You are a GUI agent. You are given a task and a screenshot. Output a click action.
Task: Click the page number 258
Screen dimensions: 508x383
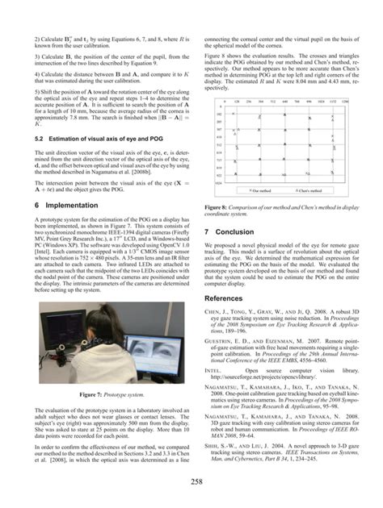(x=191, y=481)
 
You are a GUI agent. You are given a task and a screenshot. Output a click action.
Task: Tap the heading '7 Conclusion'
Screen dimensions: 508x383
(x=229, y=230)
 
